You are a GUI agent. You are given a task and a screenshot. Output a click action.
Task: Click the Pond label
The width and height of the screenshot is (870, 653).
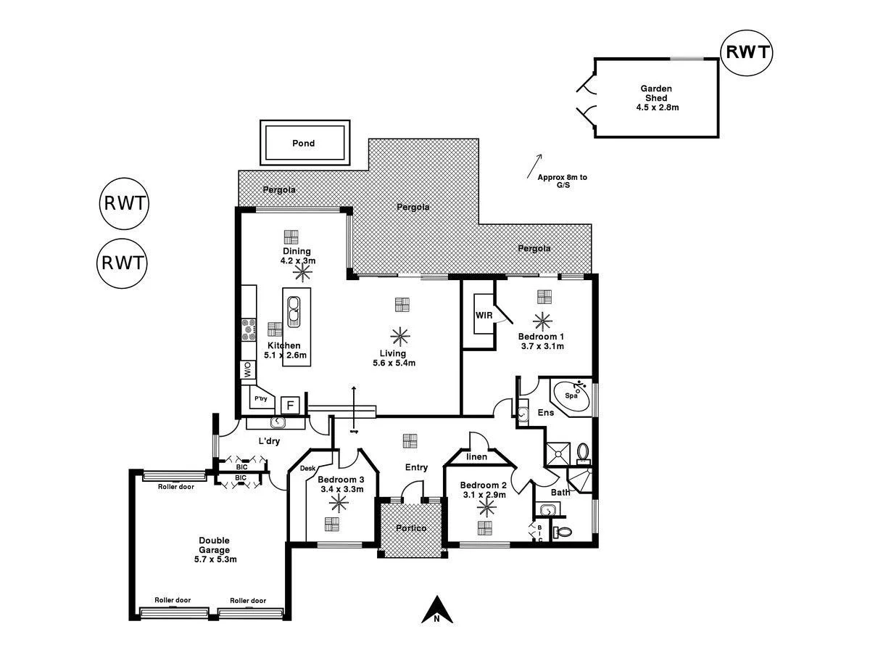[x=303, y=143]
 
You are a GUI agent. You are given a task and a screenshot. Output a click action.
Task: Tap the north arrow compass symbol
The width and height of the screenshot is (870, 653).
[x=437, y=610]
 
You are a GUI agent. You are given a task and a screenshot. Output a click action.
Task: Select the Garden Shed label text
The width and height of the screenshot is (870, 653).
[x=656, y=93]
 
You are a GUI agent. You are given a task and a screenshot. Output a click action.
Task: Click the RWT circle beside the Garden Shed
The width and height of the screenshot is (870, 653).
[x=747, y=52]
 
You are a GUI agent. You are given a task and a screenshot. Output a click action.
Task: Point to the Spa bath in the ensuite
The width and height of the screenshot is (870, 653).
[x=573, y=396]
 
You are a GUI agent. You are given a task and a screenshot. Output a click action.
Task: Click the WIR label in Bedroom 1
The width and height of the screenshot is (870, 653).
[x=484, y=316]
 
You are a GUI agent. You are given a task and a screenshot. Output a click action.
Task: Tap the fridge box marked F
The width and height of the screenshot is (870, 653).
[x=291, y=405]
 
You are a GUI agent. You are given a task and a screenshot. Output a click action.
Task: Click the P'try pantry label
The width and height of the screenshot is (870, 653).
[x=260, y=399]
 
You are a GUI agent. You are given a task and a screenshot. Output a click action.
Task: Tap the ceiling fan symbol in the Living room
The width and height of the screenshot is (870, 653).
[x=399, y=336]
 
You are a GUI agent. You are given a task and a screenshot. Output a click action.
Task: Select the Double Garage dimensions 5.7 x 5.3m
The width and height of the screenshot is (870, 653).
[x=214, y=559]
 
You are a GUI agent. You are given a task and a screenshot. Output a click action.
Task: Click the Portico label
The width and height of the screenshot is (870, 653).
[x=411, y=527]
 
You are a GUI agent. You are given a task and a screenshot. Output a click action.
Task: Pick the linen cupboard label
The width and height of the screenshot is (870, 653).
[x=476, y=456]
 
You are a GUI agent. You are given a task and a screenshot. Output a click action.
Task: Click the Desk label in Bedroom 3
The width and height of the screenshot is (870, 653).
[x=307, y=469]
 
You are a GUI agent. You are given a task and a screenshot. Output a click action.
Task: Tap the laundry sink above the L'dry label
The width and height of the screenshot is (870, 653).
[x=278, y=423]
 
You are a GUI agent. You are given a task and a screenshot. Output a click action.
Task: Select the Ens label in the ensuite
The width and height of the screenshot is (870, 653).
[x=546, y=413]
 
